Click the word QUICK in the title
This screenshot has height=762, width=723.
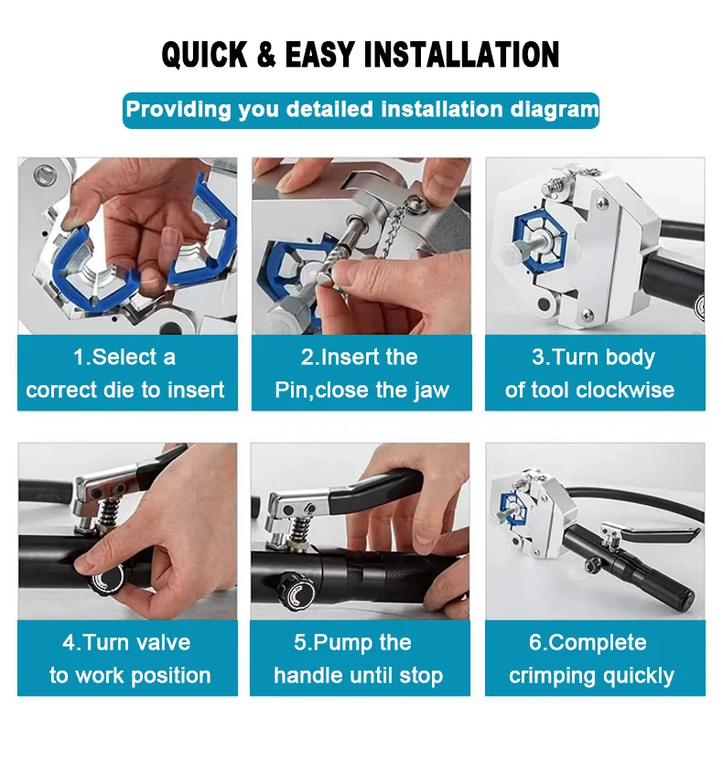tap(205, 55)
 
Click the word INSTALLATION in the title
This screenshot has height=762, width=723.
tap(462, 55)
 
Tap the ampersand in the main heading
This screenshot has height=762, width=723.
tap(266, 55)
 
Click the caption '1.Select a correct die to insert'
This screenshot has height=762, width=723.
tap(126, 373)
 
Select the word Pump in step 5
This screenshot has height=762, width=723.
tap(338, 643)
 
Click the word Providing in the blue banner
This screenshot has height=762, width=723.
tap(178, 110)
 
